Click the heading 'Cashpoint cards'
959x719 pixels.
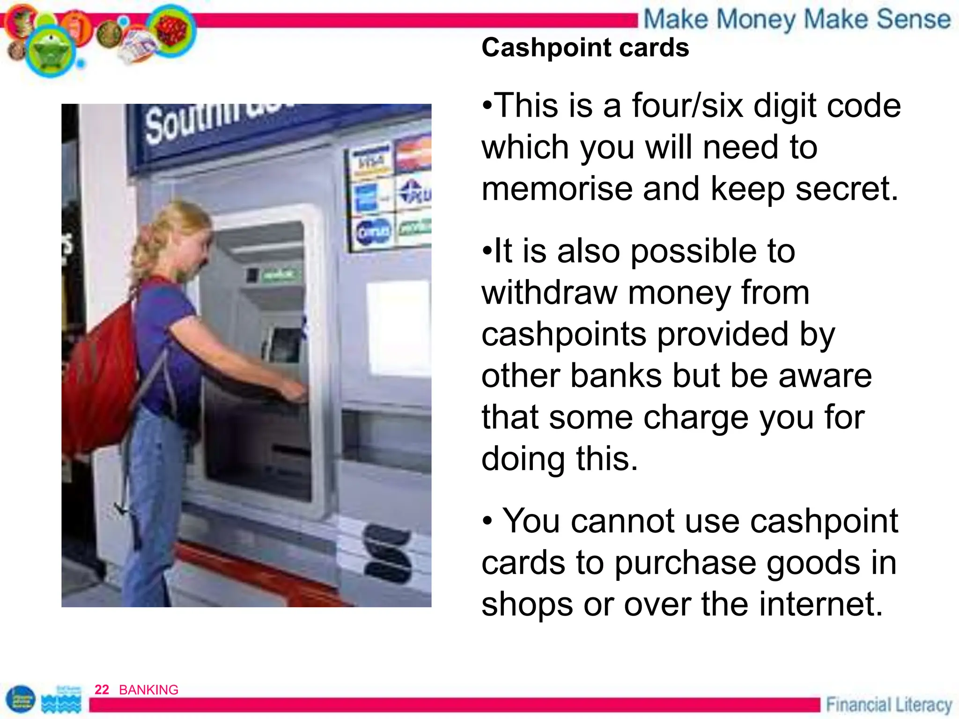pos(585,48)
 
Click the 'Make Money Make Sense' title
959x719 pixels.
pos(797,20)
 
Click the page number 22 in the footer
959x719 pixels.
pos(102,690)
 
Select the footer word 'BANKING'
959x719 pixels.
pos(148,690)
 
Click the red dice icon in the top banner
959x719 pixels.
pos(171,30)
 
